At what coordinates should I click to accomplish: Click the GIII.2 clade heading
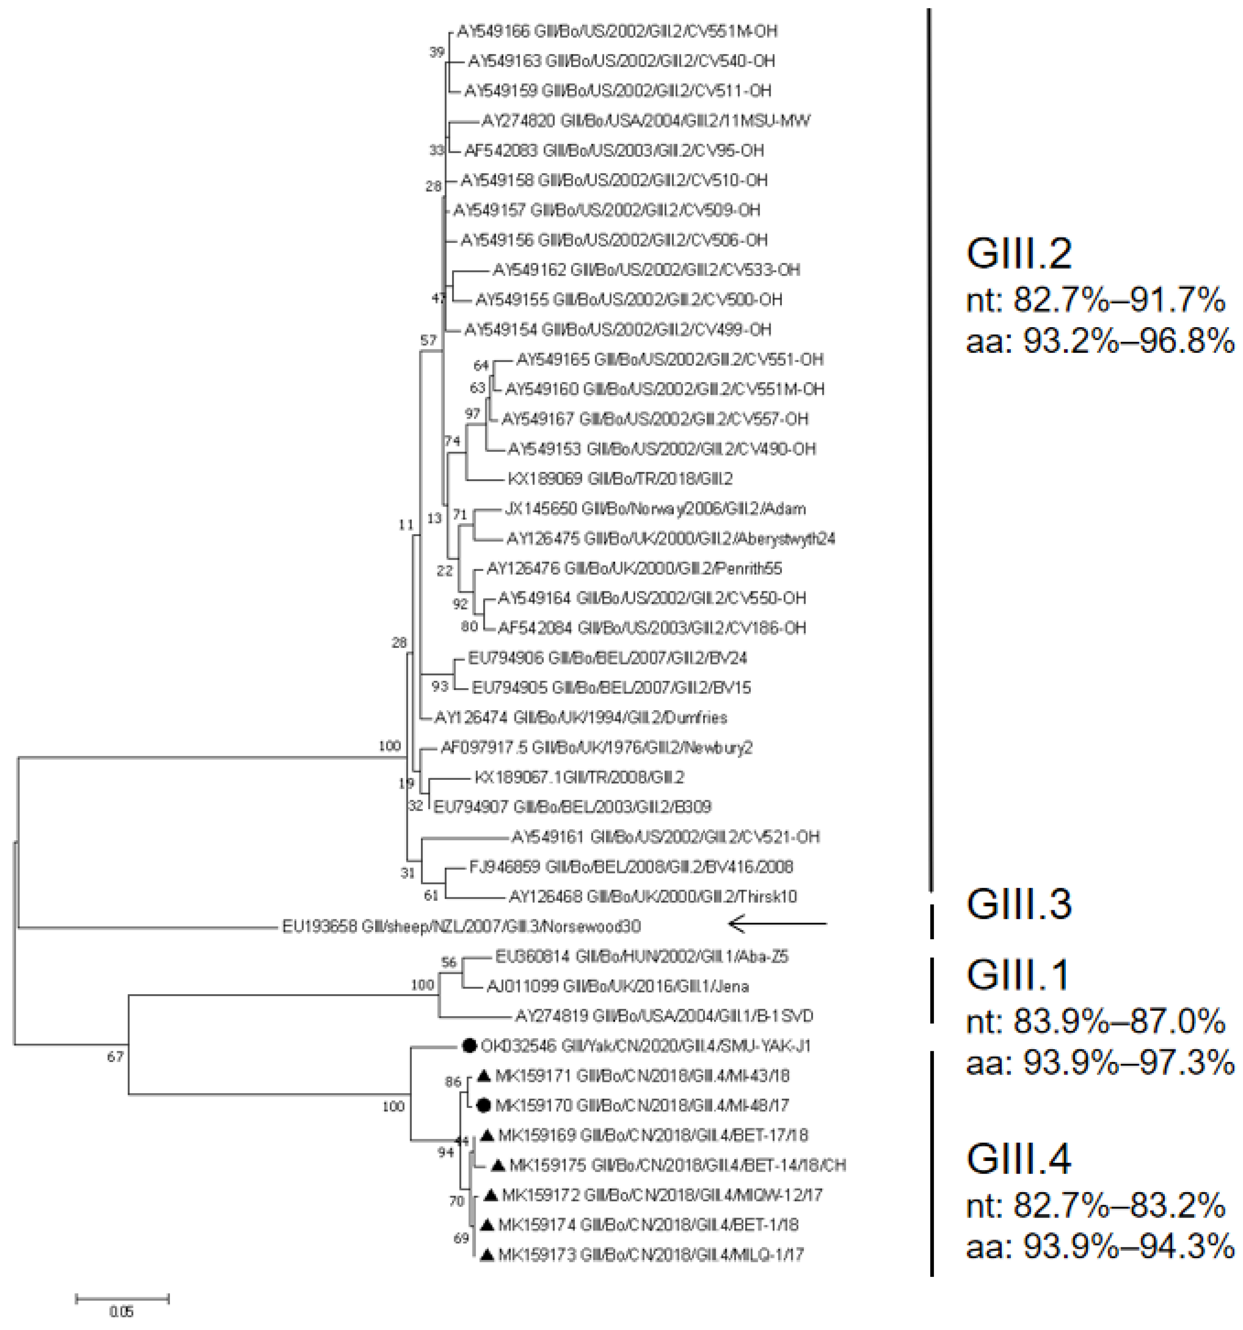click(1019, 254)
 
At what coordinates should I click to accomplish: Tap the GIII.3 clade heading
click(1019, 903)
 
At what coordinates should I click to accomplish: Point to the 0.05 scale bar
click(122, 1298)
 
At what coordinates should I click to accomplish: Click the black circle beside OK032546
click(469, 1045)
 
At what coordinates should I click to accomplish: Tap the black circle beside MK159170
click(485, 1105)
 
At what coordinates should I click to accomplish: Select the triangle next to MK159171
click(484, 1076)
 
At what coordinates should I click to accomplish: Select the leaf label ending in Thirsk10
click(653, 896)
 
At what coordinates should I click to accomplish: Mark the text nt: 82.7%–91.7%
click(1095, 300)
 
